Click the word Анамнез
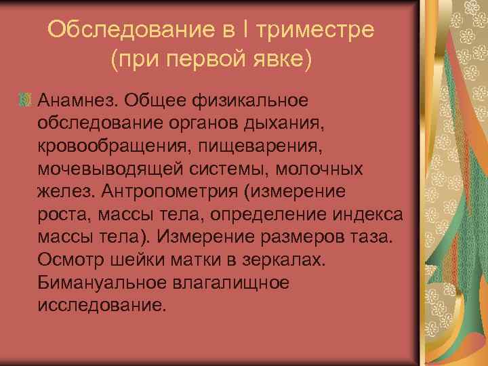[x=78, y=100]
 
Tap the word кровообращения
[x=109, y=146]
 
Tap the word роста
[x=59, y=215]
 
